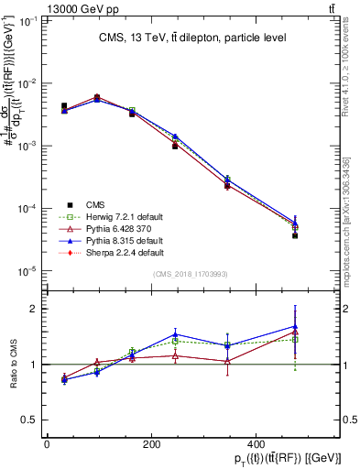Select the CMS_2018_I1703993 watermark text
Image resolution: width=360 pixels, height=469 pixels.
click(191, 273)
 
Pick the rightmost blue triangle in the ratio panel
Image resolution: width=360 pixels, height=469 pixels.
click(295, 326)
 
